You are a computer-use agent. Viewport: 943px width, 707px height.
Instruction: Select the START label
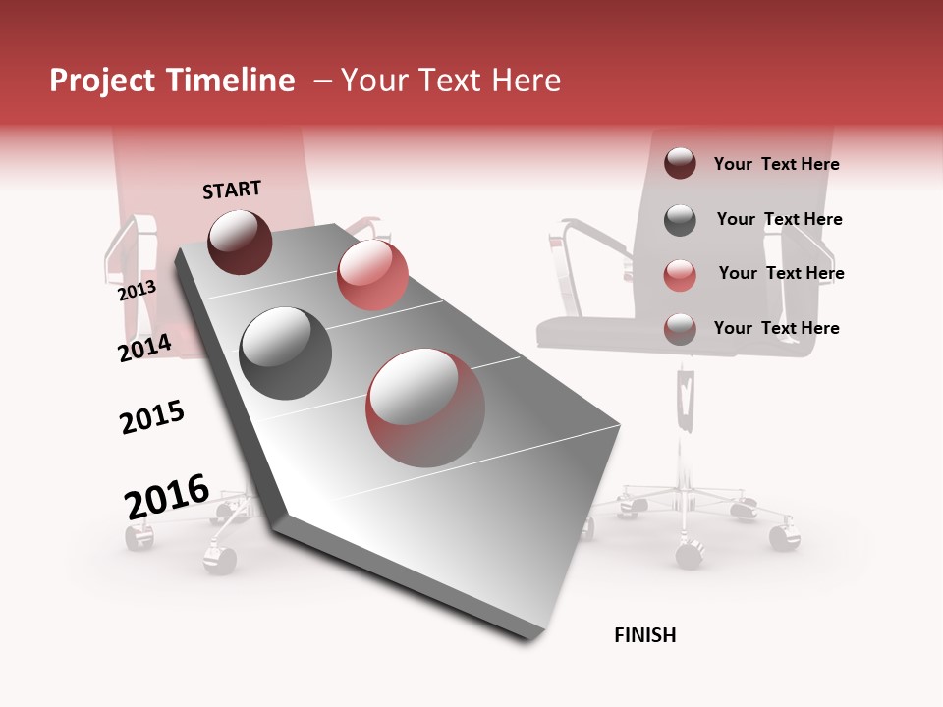tap(232, 190)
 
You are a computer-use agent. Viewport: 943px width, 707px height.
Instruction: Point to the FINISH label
tap(644, 635)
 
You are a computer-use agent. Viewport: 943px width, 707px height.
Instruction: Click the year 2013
tap(137, 291)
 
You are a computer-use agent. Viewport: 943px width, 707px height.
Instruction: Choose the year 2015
tap(152, 417)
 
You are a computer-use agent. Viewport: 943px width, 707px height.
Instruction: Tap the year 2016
tap(167, 497)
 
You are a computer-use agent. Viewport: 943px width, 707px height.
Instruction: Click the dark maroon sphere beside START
tap(240, 242)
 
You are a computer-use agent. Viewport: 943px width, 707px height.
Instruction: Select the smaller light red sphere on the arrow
tap(372, 275)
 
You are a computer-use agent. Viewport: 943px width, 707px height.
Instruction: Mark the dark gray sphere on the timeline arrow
tap(286, 353)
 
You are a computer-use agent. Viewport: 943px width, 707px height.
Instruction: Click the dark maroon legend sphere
tap(680, 163)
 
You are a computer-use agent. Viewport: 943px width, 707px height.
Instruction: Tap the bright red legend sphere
tap(680, 275)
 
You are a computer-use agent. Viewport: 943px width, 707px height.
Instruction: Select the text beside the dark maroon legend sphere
tap(776, 164)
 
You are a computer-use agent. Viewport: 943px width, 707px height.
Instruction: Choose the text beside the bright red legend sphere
tap(781, 273)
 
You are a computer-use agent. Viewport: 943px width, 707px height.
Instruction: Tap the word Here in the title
tap(526, 81)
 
